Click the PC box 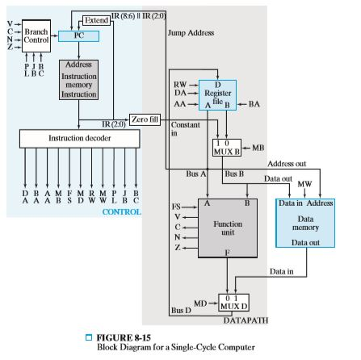pyautogui.click(x=78, y=36)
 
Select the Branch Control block pyautogui.click(x=36, y=36)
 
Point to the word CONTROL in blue pyautogui.click(x=121, y=211)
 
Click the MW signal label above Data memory pyautogui.click(x=304, y=184)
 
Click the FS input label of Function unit pyautogui.click(x=178, y=207)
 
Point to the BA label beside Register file pyautogui.click(x=254, y=103)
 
